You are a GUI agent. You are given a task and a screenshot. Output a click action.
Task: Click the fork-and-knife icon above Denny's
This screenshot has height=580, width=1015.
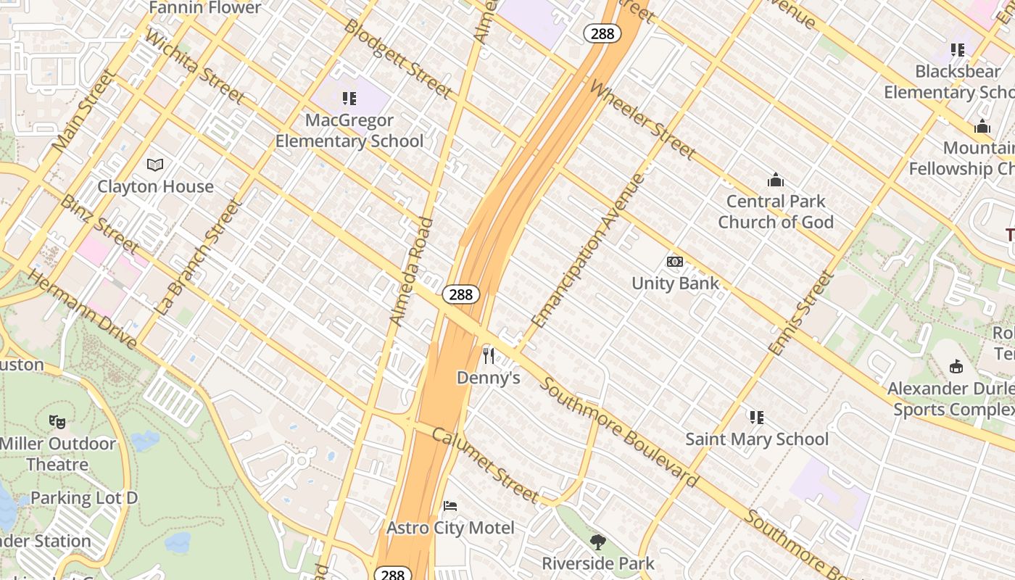tap(489, 355)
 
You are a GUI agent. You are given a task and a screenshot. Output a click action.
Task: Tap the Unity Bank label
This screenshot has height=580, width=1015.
tap(675, 283)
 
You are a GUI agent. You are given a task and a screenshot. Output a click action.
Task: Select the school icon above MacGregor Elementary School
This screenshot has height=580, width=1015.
tap(349, 98)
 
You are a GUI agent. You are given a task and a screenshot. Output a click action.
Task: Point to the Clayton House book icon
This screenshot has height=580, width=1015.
tap(155, 165)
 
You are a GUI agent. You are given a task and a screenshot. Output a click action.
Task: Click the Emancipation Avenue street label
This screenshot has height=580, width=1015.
tap(588, 250)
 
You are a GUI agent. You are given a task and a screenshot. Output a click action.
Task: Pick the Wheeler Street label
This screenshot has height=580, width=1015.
tap(642, 120)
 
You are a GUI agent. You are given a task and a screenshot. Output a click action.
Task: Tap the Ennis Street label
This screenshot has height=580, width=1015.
tap(801, 312)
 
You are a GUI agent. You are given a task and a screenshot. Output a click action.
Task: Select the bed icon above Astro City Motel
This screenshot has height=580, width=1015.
tap(450, 505)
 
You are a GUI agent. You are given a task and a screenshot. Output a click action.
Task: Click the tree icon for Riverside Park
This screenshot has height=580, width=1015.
tap(598, 542)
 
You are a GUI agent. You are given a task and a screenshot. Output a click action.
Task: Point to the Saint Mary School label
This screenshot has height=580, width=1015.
tap(757, 439)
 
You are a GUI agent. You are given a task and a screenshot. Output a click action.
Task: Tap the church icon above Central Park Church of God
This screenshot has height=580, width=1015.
tap(776, 179)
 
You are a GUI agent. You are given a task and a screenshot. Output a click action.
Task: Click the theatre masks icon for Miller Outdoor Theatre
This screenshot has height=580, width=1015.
tap(57, 421)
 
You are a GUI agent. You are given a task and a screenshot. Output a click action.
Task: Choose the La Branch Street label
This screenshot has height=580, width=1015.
tap(197, 257)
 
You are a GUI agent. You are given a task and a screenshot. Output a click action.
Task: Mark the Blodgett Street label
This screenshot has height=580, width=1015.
tap(398, 59)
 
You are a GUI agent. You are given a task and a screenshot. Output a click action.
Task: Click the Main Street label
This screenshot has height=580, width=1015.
tap(84, 110)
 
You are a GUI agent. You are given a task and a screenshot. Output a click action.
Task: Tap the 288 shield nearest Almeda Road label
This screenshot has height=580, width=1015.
tap(461, 294)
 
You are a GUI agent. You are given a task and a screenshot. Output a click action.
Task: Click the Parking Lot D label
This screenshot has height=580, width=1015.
tap(84, 498)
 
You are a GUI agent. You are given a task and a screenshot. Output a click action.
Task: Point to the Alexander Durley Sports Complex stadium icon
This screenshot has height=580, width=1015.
tap(956, 366)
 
